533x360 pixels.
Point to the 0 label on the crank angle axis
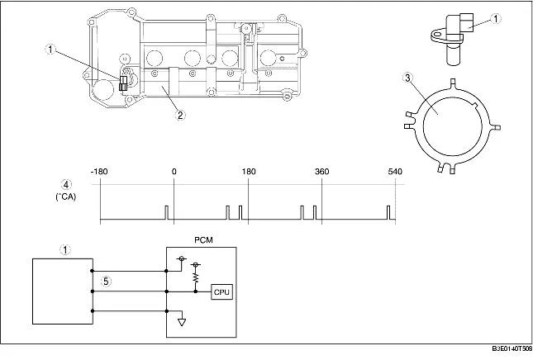[x=174, y=172]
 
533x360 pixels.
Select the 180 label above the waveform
[x=248, y=172]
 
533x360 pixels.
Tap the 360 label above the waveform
[x=322, y=172]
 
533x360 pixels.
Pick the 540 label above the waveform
[x=395, y=172]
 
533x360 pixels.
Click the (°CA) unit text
[x=65, y=197]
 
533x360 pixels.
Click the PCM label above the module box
[x=202, y=240]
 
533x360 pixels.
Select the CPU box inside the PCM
[x=222, y=291]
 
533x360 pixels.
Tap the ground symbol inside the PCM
[x=181, y=321]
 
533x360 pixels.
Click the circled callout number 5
[x=104, y=281]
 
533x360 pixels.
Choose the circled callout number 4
[x=65, y=183]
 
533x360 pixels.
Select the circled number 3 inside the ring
[x=430, y=78]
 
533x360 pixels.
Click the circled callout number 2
[x=180, y=116]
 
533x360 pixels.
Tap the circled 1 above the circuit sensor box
[x=65, y=248]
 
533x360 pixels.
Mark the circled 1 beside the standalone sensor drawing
[x=496, y=17]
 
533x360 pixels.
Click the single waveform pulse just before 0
[x=166, y=213]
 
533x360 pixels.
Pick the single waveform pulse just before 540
[x=388, y=213]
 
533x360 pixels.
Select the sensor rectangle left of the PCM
[x=62, y=291]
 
